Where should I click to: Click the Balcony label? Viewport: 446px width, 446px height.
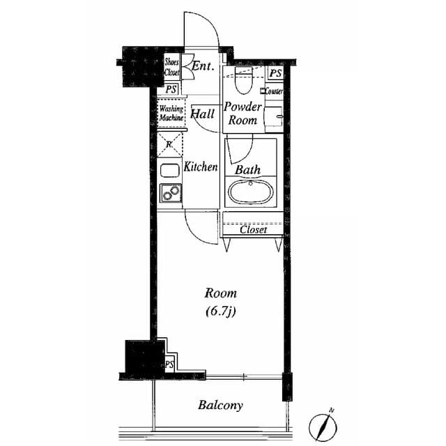[220, 405]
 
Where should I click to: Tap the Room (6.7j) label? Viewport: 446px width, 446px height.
[220, 301]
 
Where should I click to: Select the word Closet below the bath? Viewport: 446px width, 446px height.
[253, 229]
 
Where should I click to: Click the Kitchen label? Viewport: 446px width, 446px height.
[201, 167]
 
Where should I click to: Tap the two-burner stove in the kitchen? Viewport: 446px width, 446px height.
[170, 193]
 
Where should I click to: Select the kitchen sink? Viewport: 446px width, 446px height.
[170, 169]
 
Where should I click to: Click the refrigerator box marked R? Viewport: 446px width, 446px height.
[170, 144]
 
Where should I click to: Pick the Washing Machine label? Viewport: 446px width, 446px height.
[171, 114]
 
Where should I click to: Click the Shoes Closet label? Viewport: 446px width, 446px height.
[171, 66]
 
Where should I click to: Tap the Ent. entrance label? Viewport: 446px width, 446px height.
[203, 67]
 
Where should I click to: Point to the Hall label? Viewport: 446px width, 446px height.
[203, 114]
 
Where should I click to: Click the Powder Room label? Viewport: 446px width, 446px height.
[243, 114]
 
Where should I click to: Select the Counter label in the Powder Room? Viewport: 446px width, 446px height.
[274, 91]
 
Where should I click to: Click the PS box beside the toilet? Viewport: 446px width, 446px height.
[275, 73]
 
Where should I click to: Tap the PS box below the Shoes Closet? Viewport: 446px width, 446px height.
[171, 89]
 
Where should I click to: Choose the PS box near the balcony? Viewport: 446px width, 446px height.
[169, 364]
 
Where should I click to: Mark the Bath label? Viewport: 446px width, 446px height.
[247, 169]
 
